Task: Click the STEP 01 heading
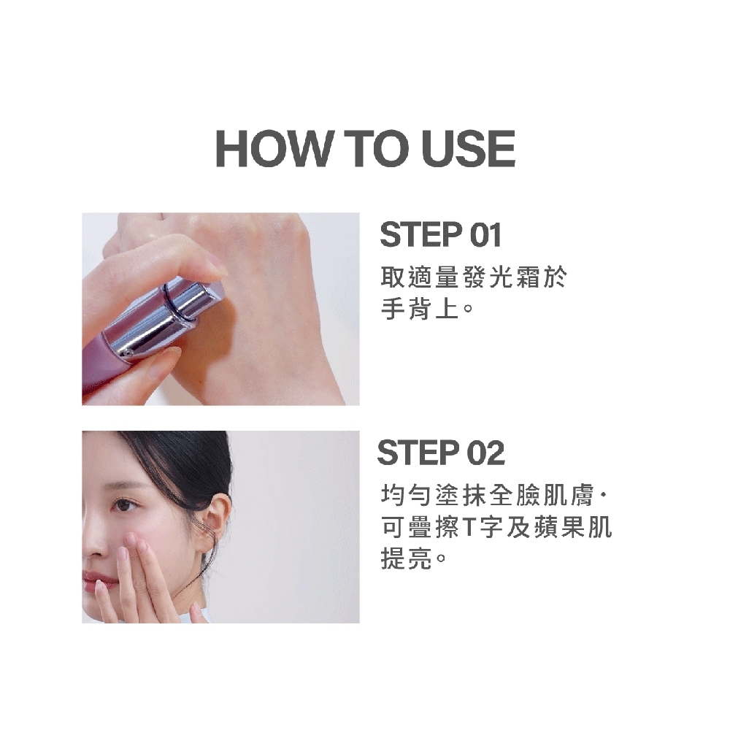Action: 440,234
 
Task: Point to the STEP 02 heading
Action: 441,453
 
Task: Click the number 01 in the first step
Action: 485,234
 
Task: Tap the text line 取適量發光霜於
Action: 474,277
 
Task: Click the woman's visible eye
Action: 124,504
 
